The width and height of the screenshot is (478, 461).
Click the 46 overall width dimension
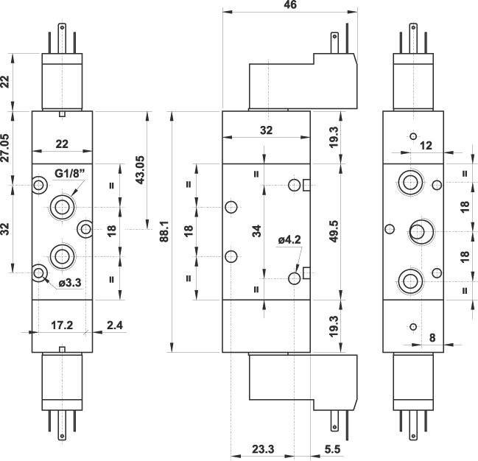pos(289,5)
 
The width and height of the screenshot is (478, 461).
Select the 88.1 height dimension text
pos(164,232)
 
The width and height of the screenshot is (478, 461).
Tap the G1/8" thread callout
pos(71,174)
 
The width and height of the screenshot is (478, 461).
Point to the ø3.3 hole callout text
pos(70,282)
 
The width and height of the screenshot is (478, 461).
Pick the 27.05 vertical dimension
pos(6,147)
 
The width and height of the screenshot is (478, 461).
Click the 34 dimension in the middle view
pos(256,231)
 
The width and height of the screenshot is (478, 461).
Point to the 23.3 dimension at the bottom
pos(263,449)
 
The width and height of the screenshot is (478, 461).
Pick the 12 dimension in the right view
pos(426,146)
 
